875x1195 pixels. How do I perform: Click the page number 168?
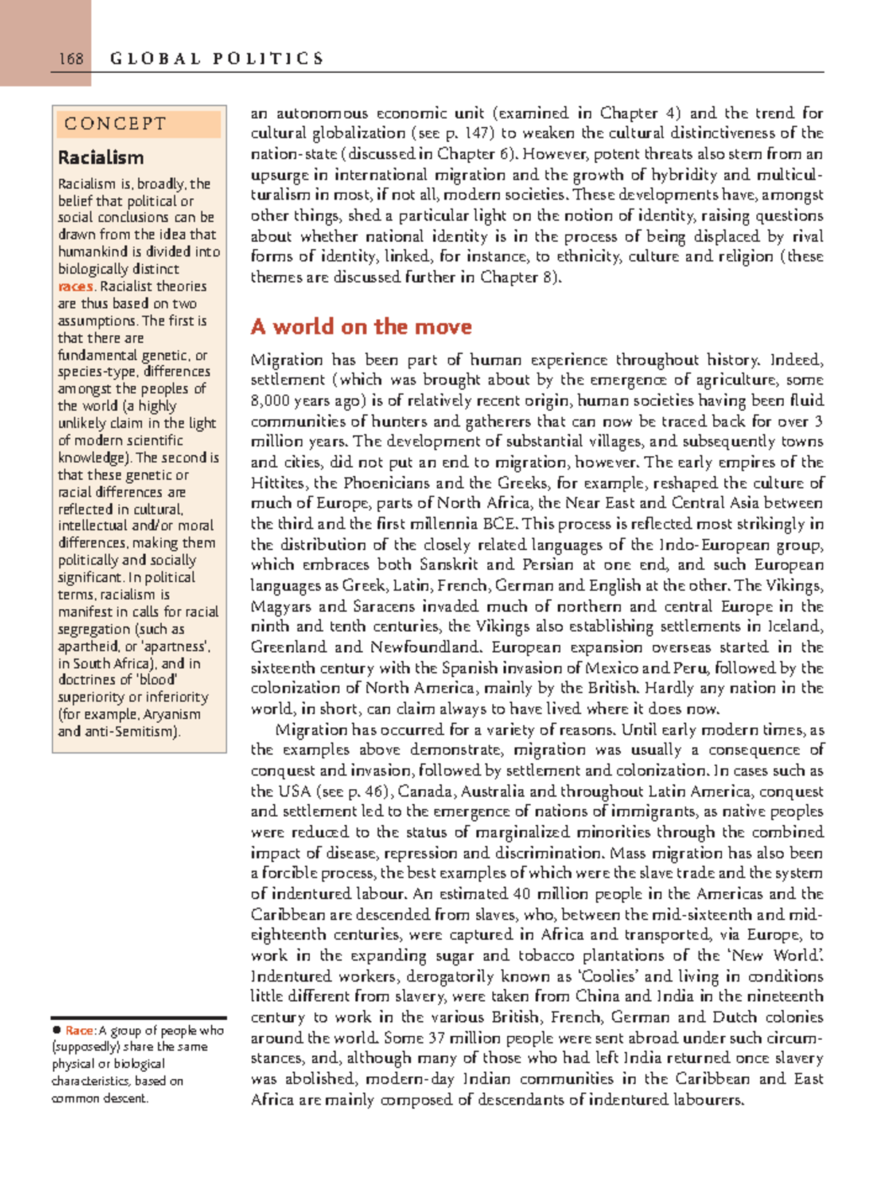click(x=71, y=59)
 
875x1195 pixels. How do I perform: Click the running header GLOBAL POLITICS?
click(x=217, y=59)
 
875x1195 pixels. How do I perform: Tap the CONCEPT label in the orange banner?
click(x=115, y=124)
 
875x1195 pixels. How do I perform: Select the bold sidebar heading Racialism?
click(x=101, y=157)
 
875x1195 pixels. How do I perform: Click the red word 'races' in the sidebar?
click(x=75, y=286)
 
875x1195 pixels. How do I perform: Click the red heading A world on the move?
click(x=361, y=326)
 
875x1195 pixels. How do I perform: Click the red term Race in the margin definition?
click(x=79, y=1030)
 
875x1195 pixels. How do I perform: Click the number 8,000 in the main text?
click(x=270, y=401)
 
